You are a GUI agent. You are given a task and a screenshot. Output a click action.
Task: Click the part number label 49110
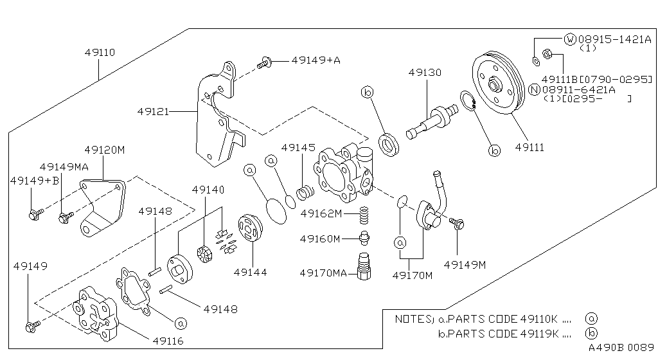coord(100,52)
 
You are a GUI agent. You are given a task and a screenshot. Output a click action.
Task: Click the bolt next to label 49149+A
coord(263,62)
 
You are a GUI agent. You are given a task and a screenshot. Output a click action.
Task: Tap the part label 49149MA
coord(64,166)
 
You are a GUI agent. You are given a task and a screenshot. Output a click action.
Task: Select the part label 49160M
coord(319,239)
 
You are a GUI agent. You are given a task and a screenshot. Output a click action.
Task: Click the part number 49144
coord(251,272)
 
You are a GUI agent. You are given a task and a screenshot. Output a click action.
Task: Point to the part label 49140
coord(208,190)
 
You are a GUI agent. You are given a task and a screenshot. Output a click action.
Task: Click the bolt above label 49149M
coord(458,223)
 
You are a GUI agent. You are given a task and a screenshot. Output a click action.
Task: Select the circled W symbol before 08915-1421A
coord(570,39)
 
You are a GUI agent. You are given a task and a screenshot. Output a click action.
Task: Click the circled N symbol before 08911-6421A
coord(534,89)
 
